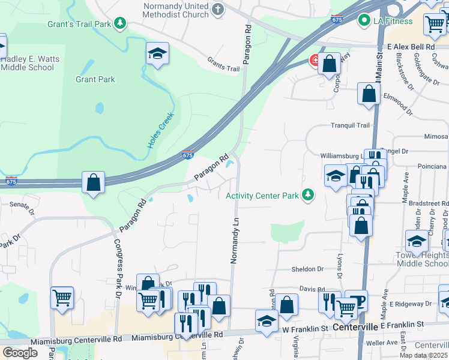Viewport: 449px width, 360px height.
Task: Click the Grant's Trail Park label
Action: tap(80, 25)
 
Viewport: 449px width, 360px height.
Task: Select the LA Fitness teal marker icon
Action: tap(363, 21)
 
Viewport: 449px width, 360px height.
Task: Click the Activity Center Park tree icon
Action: tap(308, 195)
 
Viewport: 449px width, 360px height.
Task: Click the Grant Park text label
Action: tap(95, 79)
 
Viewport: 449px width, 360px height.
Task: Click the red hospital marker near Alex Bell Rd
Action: tap(313, 59)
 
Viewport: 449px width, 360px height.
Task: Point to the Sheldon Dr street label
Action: tap(307, 269)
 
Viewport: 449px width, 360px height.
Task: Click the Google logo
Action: tap(20, 353)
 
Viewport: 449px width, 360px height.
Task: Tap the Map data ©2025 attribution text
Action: tap(424, 355)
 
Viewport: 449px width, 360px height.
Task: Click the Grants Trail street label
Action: tap(223, 64)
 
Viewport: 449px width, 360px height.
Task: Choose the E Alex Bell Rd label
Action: tap(411, 46)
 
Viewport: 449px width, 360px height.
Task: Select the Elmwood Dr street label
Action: tap(398, 103)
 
